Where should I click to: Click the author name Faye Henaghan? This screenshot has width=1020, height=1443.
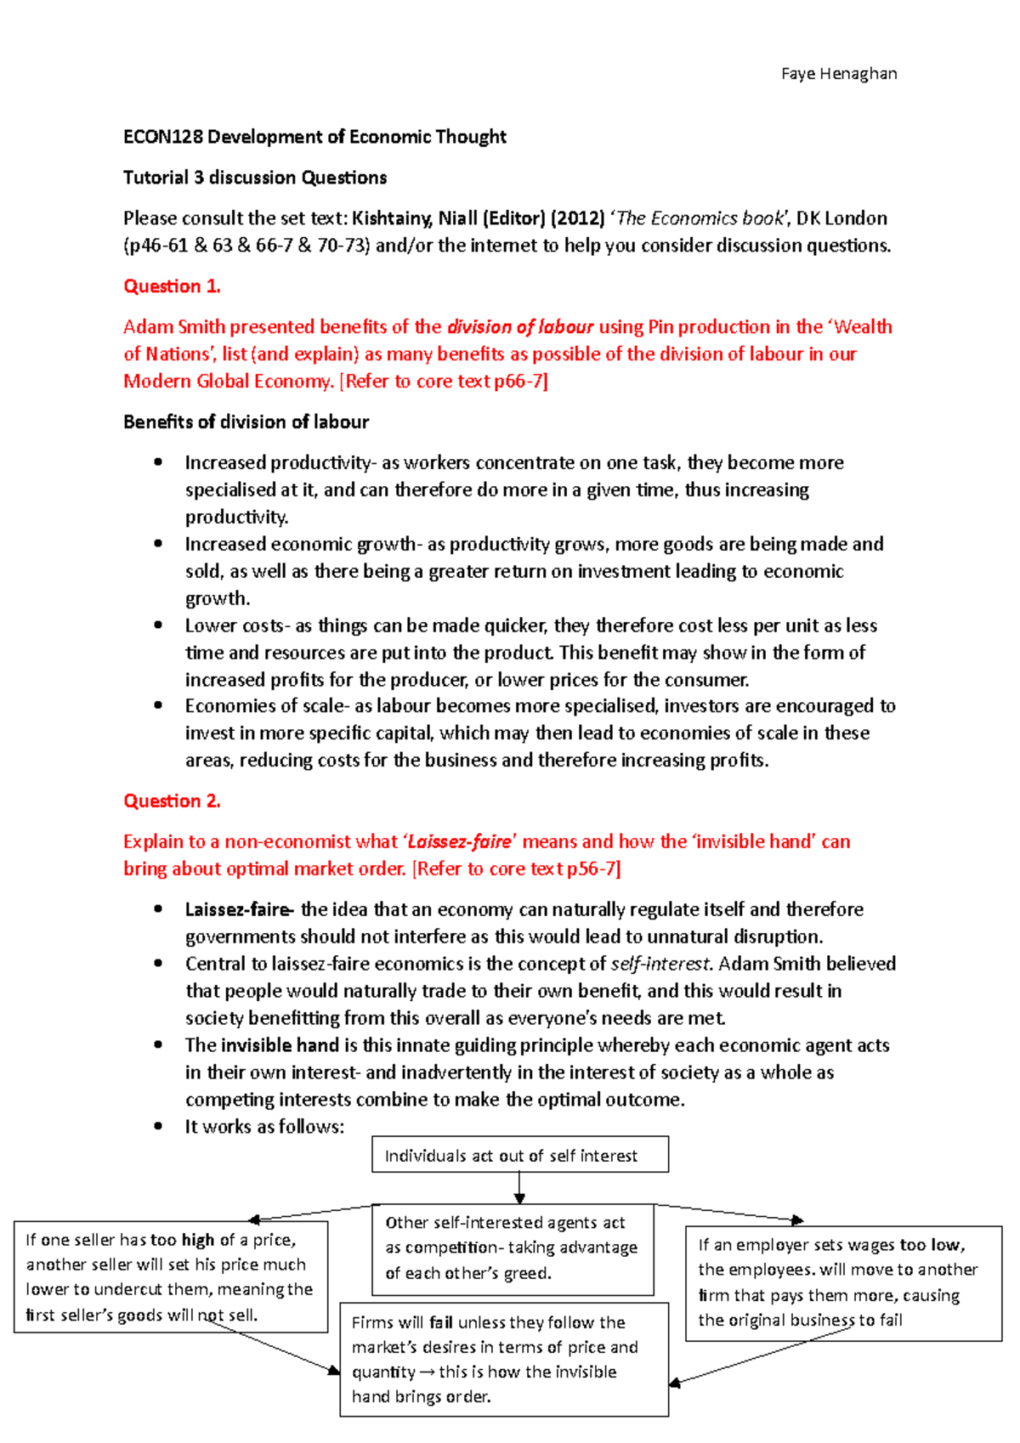point(838,74)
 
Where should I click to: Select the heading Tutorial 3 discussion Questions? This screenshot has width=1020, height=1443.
point(255,178)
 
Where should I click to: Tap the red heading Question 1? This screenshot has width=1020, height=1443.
point(172,286)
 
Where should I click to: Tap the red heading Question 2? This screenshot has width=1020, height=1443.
point(172,801)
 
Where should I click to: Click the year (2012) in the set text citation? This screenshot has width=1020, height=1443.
point(577,218)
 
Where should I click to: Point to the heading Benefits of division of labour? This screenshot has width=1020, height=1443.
point(246,422)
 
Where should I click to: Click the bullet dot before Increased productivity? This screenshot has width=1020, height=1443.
point(158,462)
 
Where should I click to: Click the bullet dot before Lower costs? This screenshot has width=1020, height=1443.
point(158,625)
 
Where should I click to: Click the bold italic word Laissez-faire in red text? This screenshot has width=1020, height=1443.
point(460,842)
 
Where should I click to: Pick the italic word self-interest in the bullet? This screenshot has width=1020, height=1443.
point(660,964)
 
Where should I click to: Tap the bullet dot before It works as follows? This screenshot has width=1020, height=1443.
point(158,1126)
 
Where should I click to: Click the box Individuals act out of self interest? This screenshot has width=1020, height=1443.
point(519,1155)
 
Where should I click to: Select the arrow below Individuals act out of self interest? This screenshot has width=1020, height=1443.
point(519,1187)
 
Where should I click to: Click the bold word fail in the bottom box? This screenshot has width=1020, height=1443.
point(440,1322)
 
